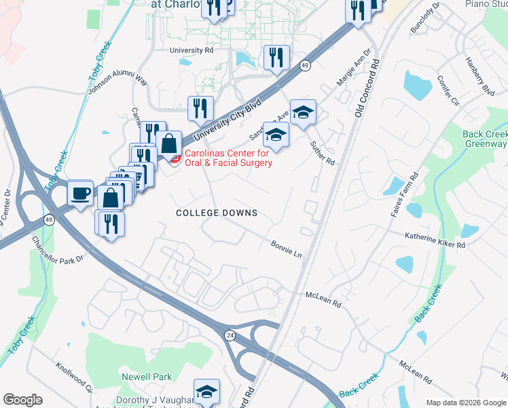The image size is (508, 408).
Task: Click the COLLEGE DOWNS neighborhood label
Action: click(x=217, y=213)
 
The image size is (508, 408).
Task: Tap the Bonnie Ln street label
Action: click(x=286, y=248)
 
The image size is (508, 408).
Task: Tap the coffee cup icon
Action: click(x=80, y=194)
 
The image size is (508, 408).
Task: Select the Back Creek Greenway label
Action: click(x=485, y=139)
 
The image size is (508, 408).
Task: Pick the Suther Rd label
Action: click(x=323, y=152)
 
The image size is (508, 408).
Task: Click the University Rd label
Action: click(x=192, y=50)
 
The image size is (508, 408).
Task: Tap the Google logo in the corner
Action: click(x=23, y=400)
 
